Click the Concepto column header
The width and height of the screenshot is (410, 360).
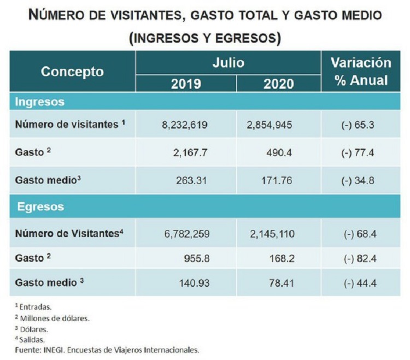click(72, 72)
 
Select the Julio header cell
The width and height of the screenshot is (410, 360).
click(228, 63)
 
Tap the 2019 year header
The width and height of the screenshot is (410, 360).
click(186, 84)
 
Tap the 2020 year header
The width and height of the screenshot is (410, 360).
click(278, 84)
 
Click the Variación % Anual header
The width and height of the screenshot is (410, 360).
click(361, 72)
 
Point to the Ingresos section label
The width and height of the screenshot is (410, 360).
click(40, 102)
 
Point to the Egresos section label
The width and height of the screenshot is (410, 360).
click(40, 207)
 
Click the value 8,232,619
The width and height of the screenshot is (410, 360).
click(185, 125)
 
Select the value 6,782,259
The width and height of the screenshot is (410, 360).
click(185, 234)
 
